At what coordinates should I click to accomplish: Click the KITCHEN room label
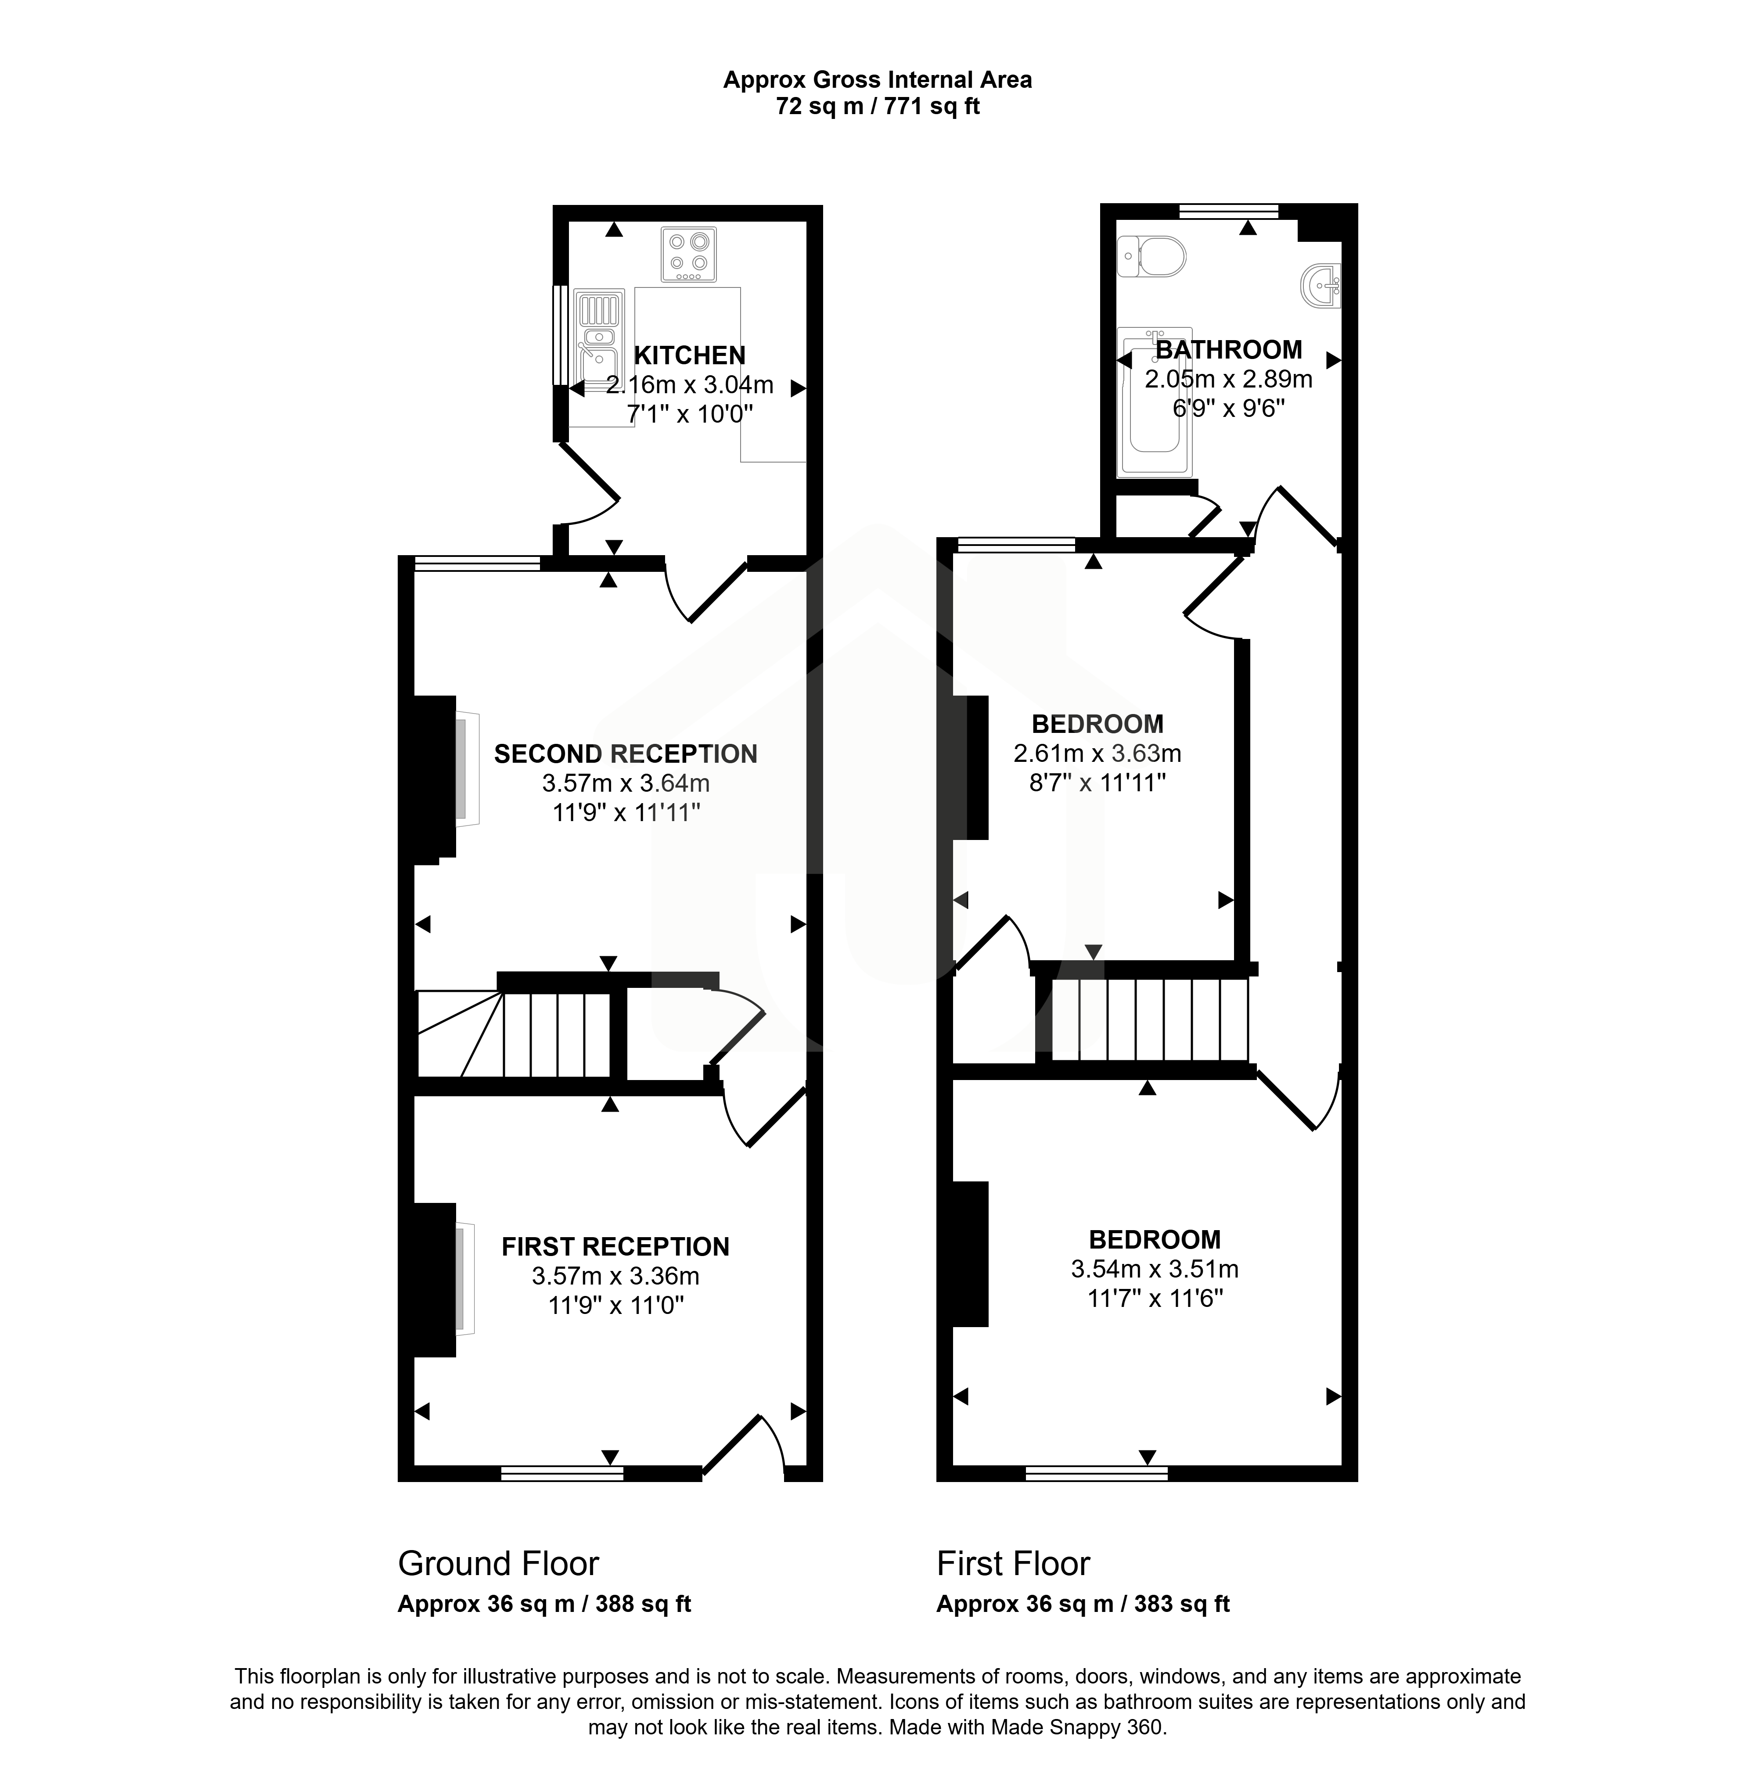tap(689, 355)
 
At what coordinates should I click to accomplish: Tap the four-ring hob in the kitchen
tap(688, 254)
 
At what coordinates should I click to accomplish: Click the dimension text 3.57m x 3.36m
tap(615, 1276)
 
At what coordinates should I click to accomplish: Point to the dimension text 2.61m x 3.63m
tap(1097, 754)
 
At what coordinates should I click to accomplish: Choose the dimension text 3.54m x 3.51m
tap(1155, 1269)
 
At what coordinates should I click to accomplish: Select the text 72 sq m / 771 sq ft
tap(878, 107)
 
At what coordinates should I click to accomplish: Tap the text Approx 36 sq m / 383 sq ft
tap(1083, 1604)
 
